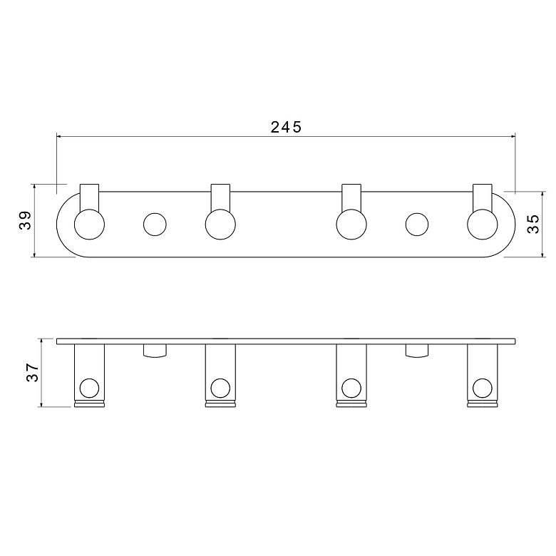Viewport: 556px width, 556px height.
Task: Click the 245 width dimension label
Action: coord(286,127)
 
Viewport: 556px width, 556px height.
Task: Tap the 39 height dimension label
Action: coord(26,220)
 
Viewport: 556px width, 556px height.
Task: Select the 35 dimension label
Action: coord(533,224)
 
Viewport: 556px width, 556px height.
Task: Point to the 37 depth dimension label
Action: coord(33,372)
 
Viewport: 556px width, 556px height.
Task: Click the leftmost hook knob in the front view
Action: coord(89,224)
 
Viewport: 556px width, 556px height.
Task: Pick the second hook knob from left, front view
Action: coord(220,224)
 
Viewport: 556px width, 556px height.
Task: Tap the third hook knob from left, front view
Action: coord(351,224)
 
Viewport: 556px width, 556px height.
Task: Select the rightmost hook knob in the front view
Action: coord(483,224)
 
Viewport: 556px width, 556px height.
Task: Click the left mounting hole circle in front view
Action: coord(155,224)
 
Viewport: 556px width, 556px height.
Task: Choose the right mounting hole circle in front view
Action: coord(417,224)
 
